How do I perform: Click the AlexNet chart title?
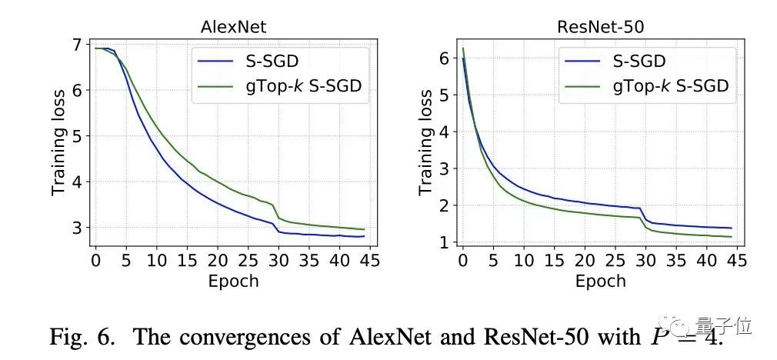(234, 27)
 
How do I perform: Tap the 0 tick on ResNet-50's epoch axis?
(462, 262)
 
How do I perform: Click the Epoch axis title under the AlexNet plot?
(233, 282)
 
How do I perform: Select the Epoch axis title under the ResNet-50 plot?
(600, 282)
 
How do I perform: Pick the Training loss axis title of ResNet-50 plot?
(425, 142)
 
